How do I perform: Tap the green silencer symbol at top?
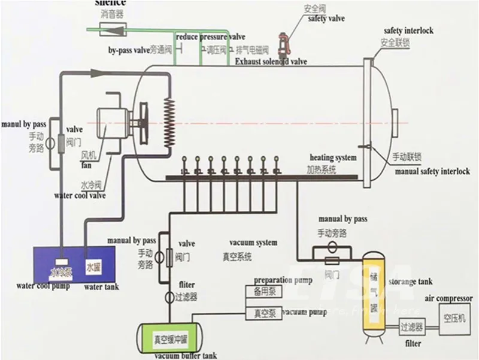105,28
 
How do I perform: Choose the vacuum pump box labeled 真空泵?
260,313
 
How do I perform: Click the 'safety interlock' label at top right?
408,31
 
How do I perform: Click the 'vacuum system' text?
253,243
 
